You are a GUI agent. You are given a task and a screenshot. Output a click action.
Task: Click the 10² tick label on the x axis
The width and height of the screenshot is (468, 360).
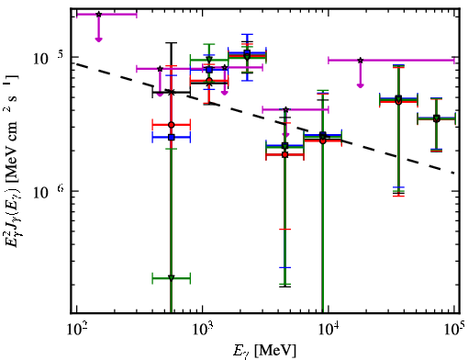76,329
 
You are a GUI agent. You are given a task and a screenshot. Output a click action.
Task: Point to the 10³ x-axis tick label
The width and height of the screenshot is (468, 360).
202,329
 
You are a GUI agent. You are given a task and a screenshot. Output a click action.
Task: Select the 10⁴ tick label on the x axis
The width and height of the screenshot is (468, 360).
329,329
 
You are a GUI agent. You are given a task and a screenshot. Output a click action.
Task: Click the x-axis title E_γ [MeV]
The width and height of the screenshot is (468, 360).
264,351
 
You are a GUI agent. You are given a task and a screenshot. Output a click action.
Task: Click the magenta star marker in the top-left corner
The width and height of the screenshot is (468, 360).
98,15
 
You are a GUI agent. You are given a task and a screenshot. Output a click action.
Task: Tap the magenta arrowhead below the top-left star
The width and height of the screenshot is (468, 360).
98,39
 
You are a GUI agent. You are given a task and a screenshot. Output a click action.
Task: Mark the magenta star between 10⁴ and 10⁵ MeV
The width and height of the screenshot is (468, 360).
361,61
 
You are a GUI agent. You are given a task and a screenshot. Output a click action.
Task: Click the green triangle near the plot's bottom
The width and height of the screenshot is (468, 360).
172,278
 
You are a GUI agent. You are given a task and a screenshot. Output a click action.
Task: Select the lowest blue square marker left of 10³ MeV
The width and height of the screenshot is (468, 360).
172,138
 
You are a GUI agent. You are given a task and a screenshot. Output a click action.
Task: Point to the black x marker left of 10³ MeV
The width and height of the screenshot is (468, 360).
172,92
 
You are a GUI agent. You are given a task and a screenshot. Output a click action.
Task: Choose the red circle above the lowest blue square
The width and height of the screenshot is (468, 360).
172,125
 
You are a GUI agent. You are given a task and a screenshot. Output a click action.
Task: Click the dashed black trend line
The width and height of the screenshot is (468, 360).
265,118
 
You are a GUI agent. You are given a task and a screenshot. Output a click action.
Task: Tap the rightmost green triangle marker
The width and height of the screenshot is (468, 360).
437,118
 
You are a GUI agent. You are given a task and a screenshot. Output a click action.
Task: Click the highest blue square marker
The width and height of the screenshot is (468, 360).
248,52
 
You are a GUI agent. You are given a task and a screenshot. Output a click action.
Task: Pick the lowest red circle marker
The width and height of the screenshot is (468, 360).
285,154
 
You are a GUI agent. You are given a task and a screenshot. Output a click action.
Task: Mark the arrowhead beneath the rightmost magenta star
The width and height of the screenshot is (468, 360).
361,85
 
